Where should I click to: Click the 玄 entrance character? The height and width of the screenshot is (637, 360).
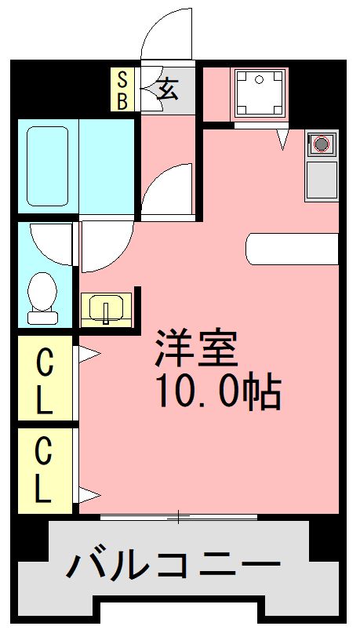click(168, 89)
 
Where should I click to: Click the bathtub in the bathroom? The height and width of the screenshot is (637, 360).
click(48, 166)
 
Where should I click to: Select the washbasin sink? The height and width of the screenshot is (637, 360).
click(106, 309)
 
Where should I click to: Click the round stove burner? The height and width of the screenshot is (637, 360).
click(322, 144)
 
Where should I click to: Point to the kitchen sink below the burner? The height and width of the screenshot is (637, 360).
click(322, 179)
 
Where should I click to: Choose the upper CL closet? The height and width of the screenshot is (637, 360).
click(45, 378)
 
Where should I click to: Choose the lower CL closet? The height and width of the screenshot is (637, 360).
click(45, 471)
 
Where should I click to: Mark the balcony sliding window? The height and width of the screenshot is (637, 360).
click(179, 517)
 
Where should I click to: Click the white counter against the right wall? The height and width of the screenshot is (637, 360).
click(292, 249)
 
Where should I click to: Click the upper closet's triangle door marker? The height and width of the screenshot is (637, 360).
click(89, 354)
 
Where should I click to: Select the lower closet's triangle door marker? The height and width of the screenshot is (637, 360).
click(89, 495)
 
